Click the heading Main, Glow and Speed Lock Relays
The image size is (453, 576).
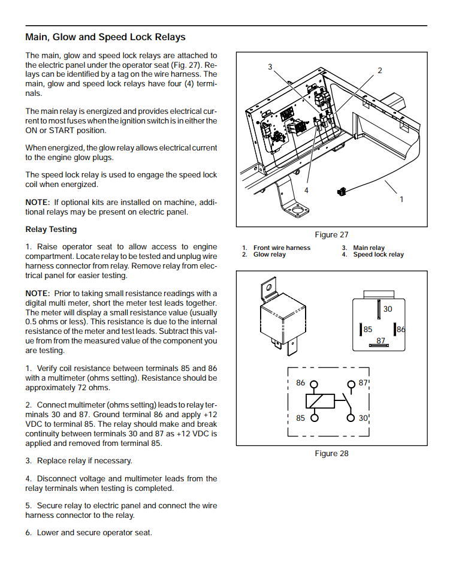pyautogui.click(x=105, y=37)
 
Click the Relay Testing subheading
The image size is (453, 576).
pyautogui.click(x=51, y=230)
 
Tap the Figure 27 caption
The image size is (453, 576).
pyautogui.click(x=331, y=235)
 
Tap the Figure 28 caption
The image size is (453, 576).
pyautogui.click(x=331, y=454)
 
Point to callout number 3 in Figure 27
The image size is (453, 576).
pyautogui.click(x=270, y=67)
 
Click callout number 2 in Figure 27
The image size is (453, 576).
pyautogui.click(x=379, y=71)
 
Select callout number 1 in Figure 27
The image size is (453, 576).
pyautogui.click(x=401, y=199)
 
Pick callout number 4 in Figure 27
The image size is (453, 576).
pyautogui.click(x=306, y=190)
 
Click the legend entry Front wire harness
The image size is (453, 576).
pyautogui.click(x=282, y=248)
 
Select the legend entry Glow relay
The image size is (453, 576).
pyautogui.click(x=270, y=255)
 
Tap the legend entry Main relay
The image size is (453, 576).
pyautogui.click(x=369, y=248)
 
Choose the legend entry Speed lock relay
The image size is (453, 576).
pyautogui.click(x=378, y=255)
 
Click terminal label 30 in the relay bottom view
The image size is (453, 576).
pyautogui.click(x=388, y=309)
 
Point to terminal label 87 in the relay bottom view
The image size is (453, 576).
pyautogui.click(x=381, y=341)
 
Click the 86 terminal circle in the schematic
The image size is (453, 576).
pyautogui.click(x=313, y=385)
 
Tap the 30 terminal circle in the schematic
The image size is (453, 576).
pyautogui.click(x=351, y=418)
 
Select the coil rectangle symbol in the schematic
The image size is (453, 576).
pyautogui.click(x=320, y=401)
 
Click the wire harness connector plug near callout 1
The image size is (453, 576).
pyautogui.click(x=342, y=192)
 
